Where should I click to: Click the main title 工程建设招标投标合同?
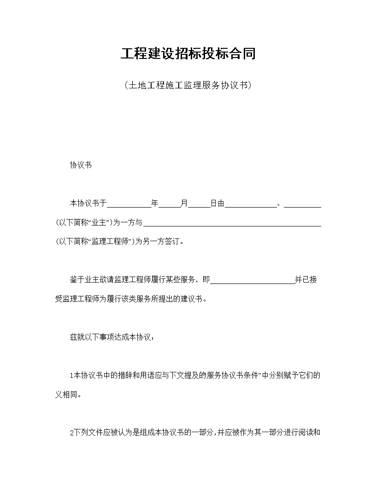tap(188, 54)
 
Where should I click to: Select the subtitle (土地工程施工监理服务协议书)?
tap(188, 85)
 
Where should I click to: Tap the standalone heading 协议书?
tap(81, 165)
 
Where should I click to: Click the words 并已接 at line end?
tap(306, 280)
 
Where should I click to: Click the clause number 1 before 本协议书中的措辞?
tap(71, 376)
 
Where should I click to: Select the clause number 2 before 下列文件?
tap(71, 433)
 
